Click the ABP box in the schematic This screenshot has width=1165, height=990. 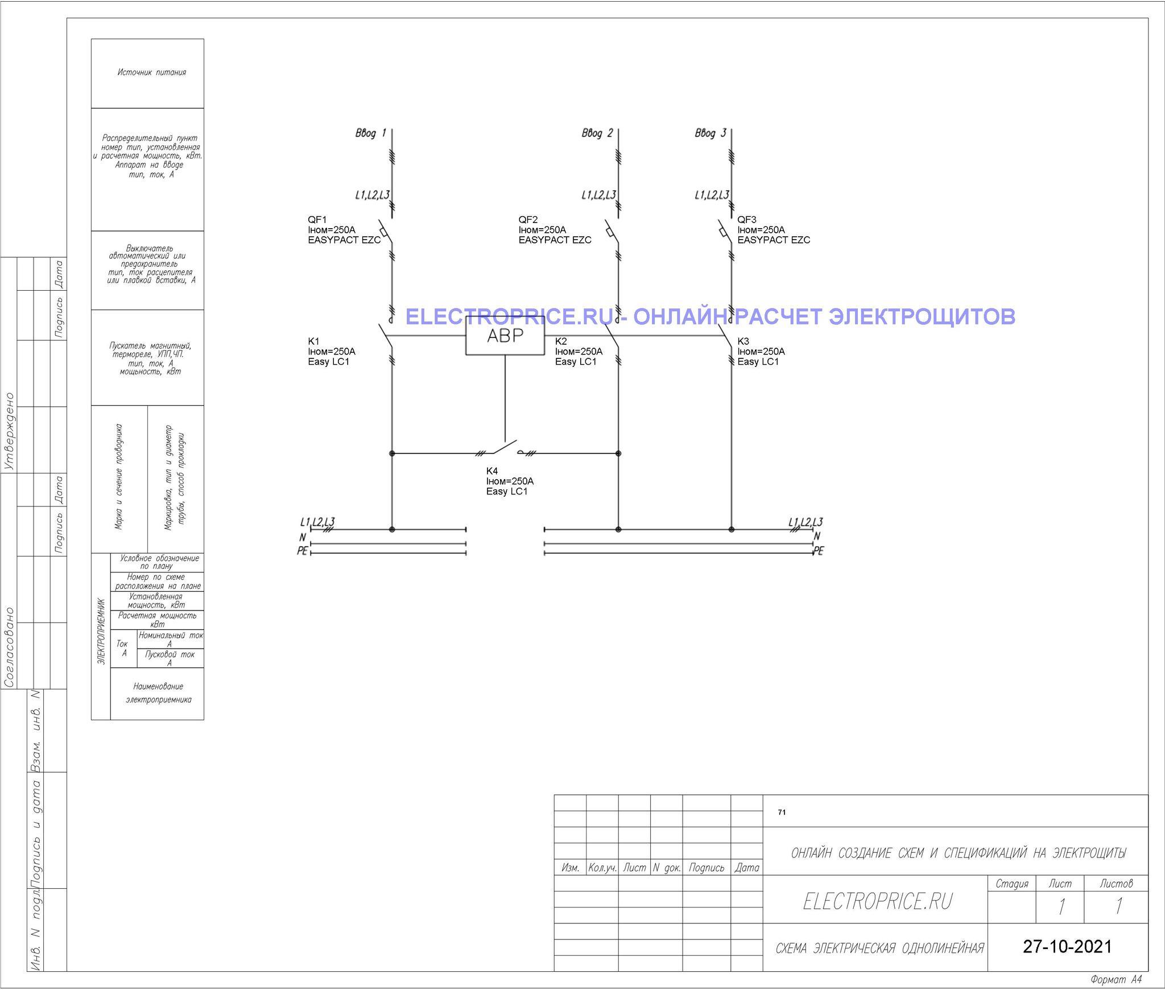[x=505, y=336]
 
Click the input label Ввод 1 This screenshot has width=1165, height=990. [x=371, y=133]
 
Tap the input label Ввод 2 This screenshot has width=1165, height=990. [x=597, y=133]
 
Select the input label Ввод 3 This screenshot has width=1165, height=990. [x=710, y=133]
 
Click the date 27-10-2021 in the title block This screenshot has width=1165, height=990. [x=1067, y=946]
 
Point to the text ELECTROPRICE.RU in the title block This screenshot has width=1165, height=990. [x=877, y=901]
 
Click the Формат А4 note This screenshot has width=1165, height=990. [x=1116, y=980]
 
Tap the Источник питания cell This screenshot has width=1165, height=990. [x=152, y=72]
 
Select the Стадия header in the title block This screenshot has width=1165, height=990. [x=1012, y=884]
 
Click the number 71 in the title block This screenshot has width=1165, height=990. [x=782, y=812]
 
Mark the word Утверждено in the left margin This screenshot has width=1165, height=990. [x=9, y=431]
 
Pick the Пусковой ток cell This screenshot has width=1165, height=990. [x=170, y=658]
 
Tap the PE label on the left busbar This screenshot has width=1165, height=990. [x=302, y=551]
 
